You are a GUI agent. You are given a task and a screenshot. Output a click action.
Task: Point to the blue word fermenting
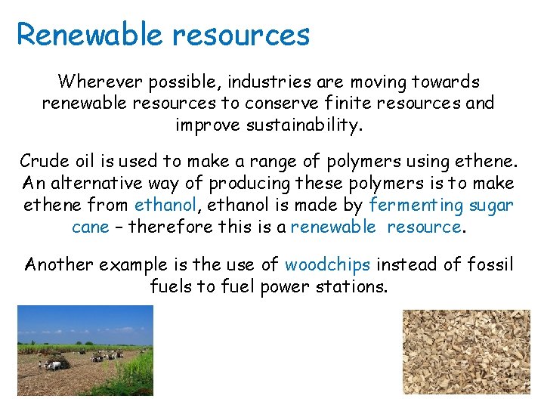coord(416,205)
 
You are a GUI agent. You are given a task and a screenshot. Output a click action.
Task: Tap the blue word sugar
coord(491,205)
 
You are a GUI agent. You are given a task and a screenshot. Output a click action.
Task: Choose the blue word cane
coord(90,227)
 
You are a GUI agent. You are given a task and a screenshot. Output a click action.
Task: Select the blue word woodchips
coord(327,264)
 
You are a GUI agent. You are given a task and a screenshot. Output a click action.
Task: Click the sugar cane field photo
coord(85,350)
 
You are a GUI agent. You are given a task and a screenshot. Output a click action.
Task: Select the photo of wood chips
coord(465,351)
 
